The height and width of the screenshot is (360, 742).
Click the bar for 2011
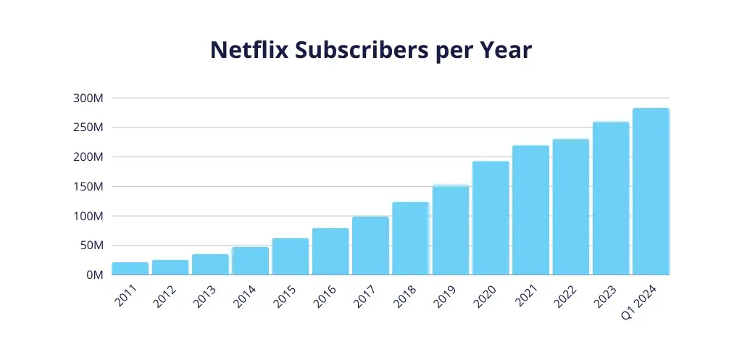point(130,269)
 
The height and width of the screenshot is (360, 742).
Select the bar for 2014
point(250,261)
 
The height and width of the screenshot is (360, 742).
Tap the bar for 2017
point(370,246)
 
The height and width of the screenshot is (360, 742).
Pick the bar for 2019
point(451,230)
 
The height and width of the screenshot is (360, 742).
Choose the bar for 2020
point(491,218)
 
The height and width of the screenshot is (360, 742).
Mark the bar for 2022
point(570,207)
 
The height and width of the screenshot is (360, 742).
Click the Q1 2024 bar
point(651,192)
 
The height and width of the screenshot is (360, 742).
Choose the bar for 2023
point(611,198)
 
